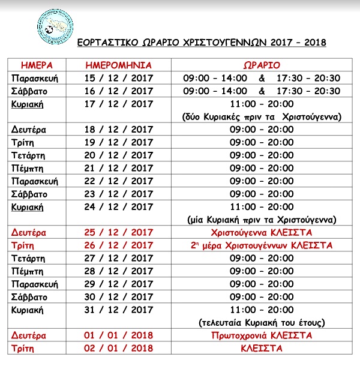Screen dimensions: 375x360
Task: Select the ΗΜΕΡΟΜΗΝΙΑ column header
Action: pyautogui.click(x=119, y=65)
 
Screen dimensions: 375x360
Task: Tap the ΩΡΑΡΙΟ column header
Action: pyautogui.click(x=261, y=65)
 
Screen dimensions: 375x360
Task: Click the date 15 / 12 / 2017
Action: pyautogui.click(x=119, y=78)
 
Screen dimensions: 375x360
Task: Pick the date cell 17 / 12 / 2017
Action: pyautogui.click(x=119, y=104)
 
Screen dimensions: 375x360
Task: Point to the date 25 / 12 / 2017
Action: pyautogui.click(x=119, y=232)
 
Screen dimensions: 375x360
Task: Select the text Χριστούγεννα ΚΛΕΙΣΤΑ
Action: pyautogui.click(x=261, y=232)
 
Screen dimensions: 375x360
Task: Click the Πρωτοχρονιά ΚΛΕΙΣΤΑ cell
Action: pyautogui.click(x=261, y=335)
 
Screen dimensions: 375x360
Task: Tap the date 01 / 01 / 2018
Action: pyautogui.click(x=119, y=335)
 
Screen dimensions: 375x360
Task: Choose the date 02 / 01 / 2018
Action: pyautogui.click(x=119, y=348)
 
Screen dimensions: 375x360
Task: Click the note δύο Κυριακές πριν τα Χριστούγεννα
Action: pyautogui.click(x=261, y=116)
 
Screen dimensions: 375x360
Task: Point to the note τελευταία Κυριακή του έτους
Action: pyautogui.click(x=261, y=322)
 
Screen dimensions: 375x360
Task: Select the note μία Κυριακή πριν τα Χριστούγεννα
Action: pyautogui.click(x=261, y=219)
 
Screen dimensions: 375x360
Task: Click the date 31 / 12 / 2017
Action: pyautogui.click(x=119, y=310)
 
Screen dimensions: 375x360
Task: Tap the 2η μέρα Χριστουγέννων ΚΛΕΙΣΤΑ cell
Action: pyautogui.click(x=261, y=245)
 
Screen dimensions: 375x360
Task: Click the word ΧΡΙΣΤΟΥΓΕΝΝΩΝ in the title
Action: pyautogui.click(x=207, y=43)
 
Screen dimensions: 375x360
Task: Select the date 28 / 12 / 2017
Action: pyautogui.click(x=119, y=271)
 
